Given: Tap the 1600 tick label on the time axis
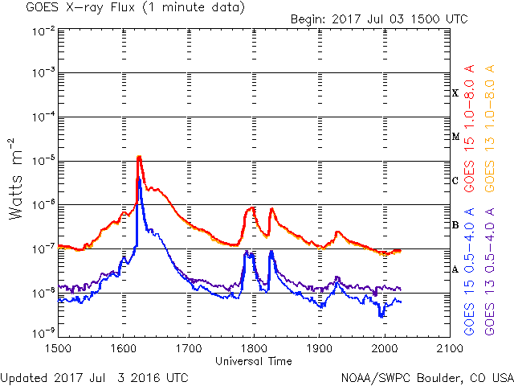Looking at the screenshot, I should tap(123, 347).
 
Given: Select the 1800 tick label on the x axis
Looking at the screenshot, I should tap(254, 347).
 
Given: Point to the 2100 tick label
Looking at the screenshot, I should tap(449, 347).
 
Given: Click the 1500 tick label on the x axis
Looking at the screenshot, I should tap(58, 347).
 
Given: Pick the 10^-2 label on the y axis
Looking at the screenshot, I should tap(44, 30).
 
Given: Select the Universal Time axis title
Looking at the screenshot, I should tap(253, 361).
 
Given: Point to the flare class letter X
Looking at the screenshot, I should tap(455, 93).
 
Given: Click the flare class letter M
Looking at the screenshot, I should tap(455, 137).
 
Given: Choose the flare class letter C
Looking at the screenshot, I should tap(455, 181).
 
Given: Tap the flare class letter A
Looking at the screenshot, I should tap(455, 269).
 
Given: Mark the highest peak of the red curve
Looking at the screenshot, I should tap(139, 157).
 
